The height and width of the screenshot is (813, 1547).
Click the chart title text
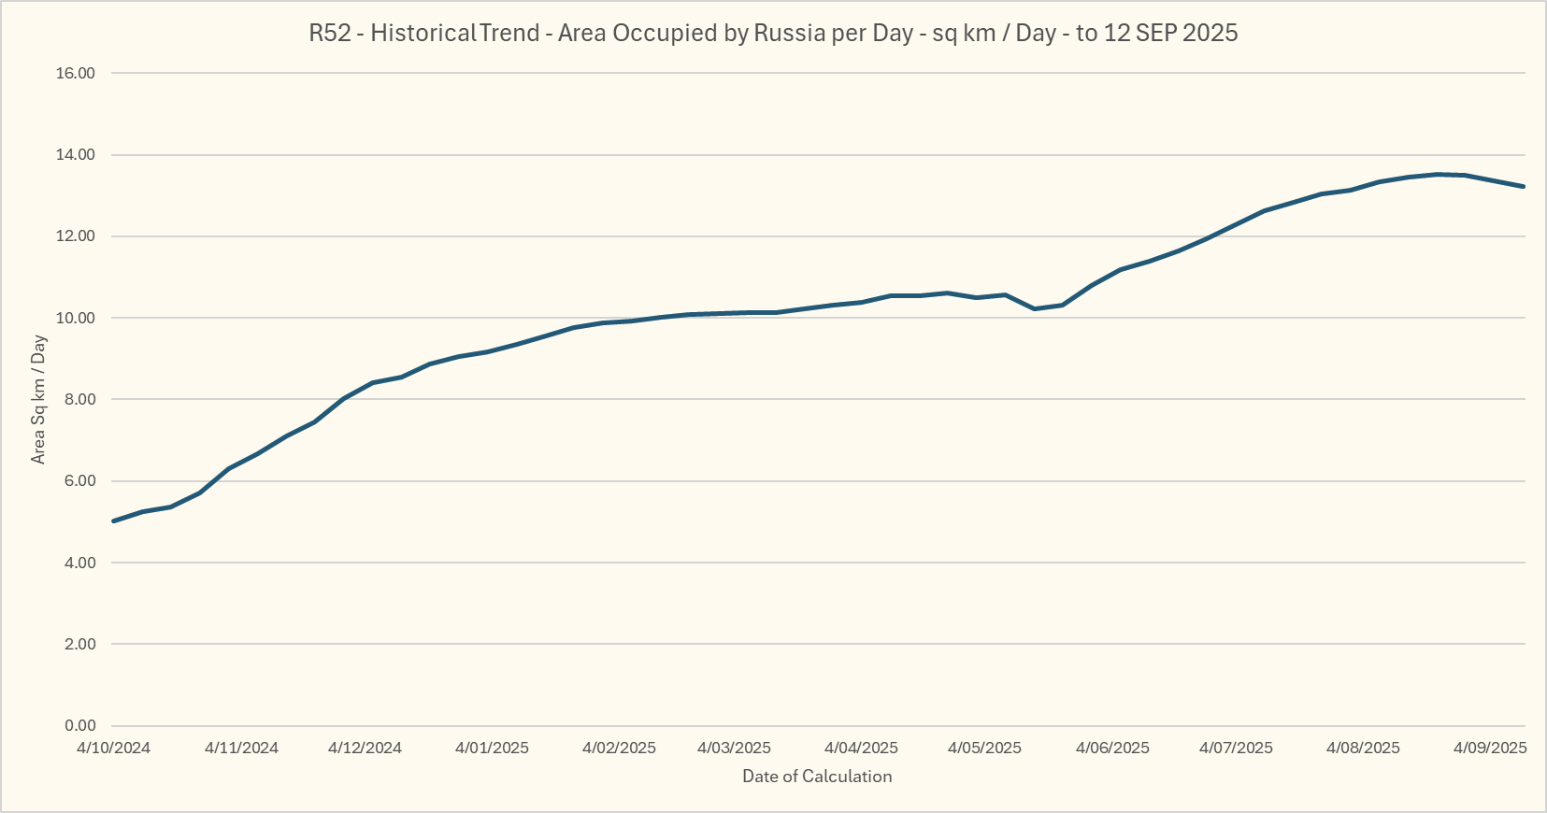click(x=773, y=34)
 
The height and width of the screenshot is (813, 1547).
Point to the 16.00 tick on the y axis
click(x=76, y=73)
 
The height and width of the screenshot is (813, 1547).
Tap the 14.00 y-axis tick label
click(x=76, y=155)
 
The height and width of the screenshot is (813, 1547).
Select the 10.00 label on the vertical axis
click(x=76, y=318)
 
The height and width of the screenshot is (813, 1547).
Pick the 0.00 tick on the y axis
click(x=79, y=726)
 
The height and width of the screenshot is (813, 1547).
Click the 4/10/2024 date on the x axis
click(x=113, y=748)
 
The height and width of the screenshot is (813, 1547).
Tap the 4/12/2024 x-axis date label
click(x=365, y=748)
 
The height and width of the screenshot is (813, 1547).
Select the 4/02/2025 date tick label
click(x=619, y=748)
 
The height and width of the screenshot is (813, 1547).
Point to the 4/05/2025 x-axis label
click(x=984, y=748)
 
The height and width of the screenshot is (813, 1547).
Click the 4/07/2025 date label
click(x=1236, y=748)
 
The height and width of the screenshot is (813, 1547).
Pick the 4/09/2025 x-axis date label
click(x=1490, y=748)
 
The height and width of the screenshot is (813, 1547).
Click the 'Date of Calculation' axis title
click(x=817, y=777)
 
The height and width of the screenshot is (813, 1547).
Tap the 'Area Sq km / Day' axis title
click(x=38, y=399)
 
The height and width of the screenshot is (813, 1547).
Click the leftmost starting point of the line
click(x=113, y=521)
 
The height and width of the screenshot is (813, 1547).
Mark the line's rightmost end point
click(x=1524, y=187)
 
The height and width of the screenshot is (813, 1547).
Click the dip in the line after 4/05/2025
click(x=1034, y=308)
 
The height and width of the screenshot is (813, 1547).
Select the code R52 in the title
click(x=329, y=34)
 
